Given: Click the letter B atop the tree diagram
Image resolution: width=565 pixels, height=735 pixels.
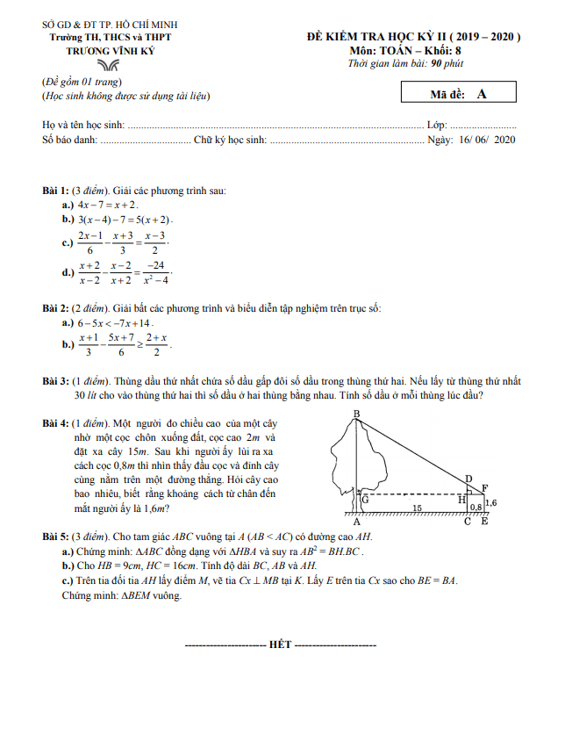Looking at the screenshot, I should pyautogui.click(x=356, y=414).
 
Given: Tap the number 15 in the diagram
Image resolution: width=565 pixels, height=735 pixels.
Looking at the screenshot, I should pyautogui.click(x=418, y=508).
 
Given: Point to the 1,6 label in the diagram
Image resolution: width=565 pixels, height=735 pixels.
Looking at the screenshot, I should pyautogui.click(x=490, y=503).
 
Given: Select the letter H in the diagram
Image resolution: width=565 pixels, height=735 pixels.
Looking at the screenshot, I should pyautogui.click(x=461, y=499).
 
